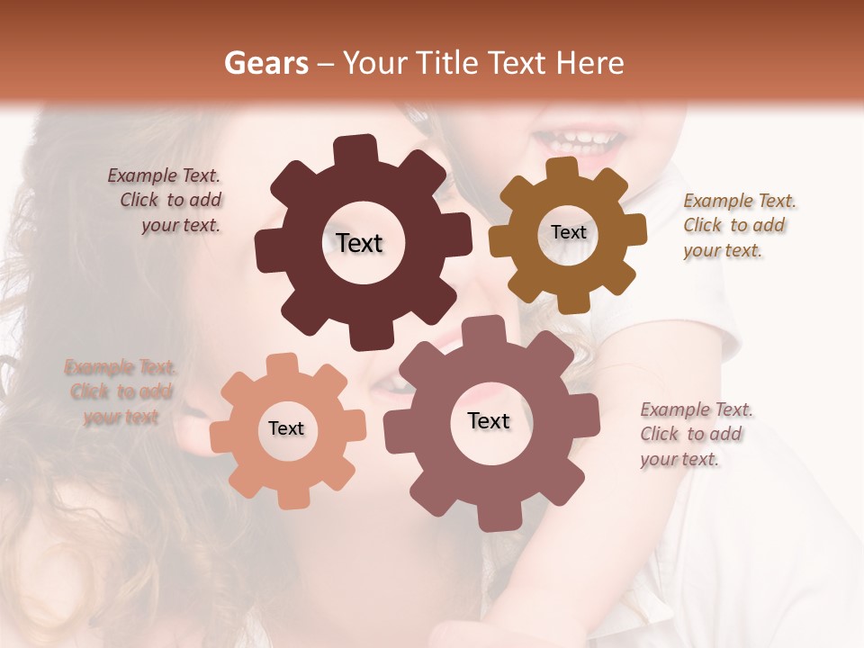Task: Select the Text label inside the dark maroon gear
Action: (x=359, y=243)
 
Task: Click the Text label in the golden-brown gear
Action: (x=568, y=232)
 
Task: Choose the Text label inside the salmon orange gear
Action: (x=286, y=429)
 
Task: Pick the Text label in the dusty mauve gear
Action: (x=489, y=421)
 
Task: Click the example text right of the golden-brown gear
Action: (x=738, y=226)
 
